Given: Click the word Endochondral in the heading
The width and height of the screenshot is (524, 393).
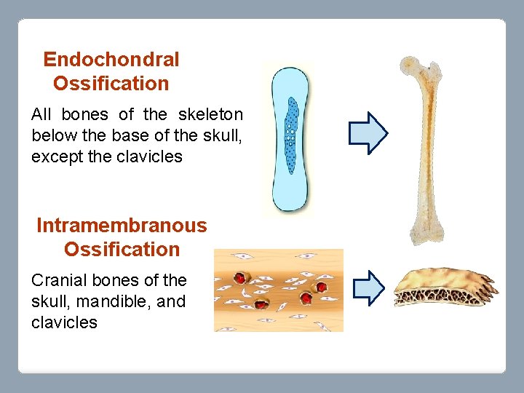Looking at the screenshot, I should pyautogui.click(x=111, y=60).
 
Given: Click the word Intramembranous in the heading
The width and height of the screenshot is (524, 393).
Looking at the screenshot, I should pyautogui.click(x=122, y=226).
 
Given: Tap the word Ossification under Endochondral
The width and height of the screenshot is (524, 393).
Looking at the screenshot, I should pyautogui.click(x=111, y=84).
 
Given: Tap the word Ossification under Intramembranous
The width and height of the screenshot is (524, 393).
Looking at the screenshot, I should pyautogui.click(x=122, y=250).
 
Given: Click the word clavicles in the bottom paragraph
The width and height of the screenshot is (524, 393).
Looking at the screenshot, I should pyautogui.click(x=64, y=323).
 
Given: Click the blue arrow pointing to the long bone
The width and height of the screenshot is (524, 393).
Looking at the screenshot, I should pyautogui.click(x=368, y=132).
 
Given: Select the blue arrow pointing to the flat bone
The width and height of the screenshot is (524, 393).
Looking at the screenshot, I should pyautogui.click(x=368, y=287).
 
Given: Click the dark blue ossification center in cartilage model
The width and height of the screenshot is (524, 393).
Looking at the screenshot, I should pyautogui.click(x=291, y=135).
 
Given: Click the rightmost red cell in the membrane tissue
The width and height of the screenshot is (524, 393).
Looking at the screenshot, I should pyautogui.click(x=321, y=287).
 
